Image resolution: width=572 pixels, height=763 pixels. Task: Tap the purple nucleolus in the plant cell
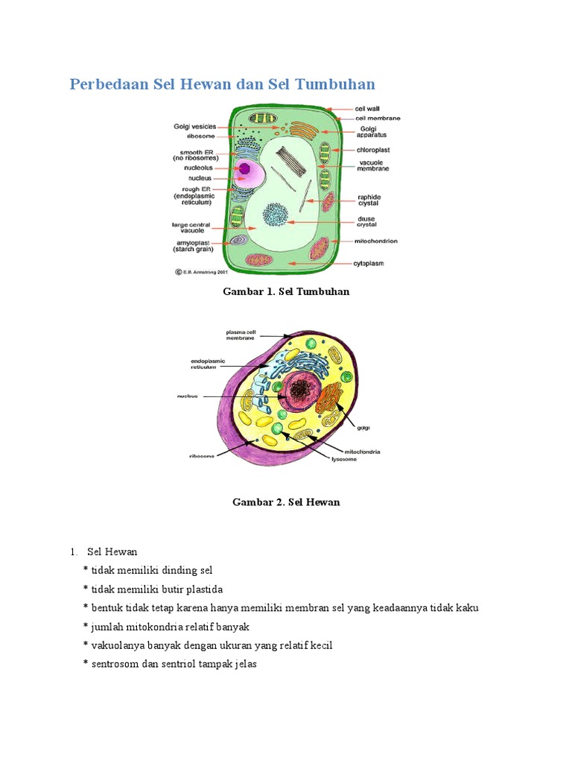(245, 168)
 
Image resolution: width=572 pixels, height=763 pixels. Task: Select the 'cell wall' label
(367, 109)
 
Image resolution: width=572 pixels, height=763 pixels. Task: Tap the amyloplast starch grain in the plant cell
(238, 241)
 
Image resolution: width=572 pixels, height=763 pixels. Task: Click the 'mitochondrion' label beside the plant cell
(376, 241)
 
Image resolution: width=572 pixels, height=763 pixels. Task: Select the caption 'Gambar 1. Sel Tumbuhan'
(286, 291)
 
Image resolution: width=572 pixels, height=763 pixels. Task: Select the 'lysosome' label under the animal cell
(344, 459)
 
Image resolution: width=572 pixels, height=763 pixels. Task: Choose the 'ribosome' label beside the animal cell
(201, 454)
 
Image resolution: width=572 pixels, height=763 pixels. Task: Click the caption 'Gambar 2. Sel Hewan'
(286, 502)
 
